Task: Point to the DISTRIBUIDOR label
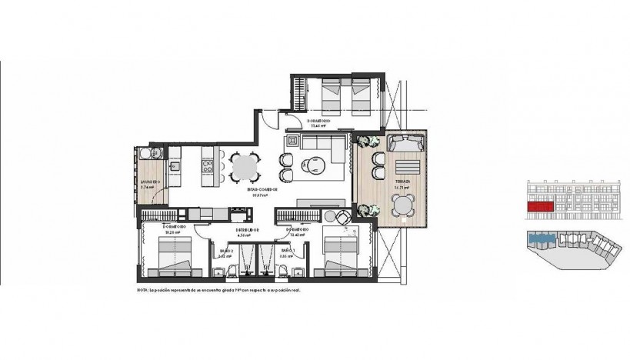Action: click(x=246, y=229)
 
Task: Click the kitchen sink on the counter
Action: click(x=174, y=164)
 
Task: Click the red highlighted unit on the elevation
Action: click(x=540, y=207)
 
